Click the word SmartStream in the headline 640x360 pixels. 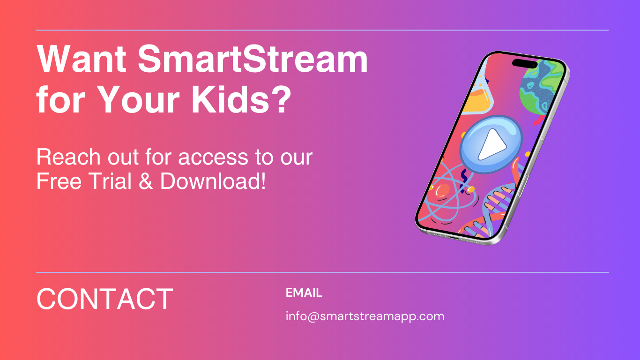[253, 60]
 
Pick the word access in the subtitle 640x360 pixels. [214, 157]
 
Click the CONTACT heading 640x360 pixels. [105, 299]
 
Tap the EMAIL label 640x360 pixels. [304, 293]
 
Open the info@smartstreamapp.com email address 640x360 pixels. [365, 316]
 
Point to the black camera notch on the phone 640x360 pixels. [525, 63]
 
